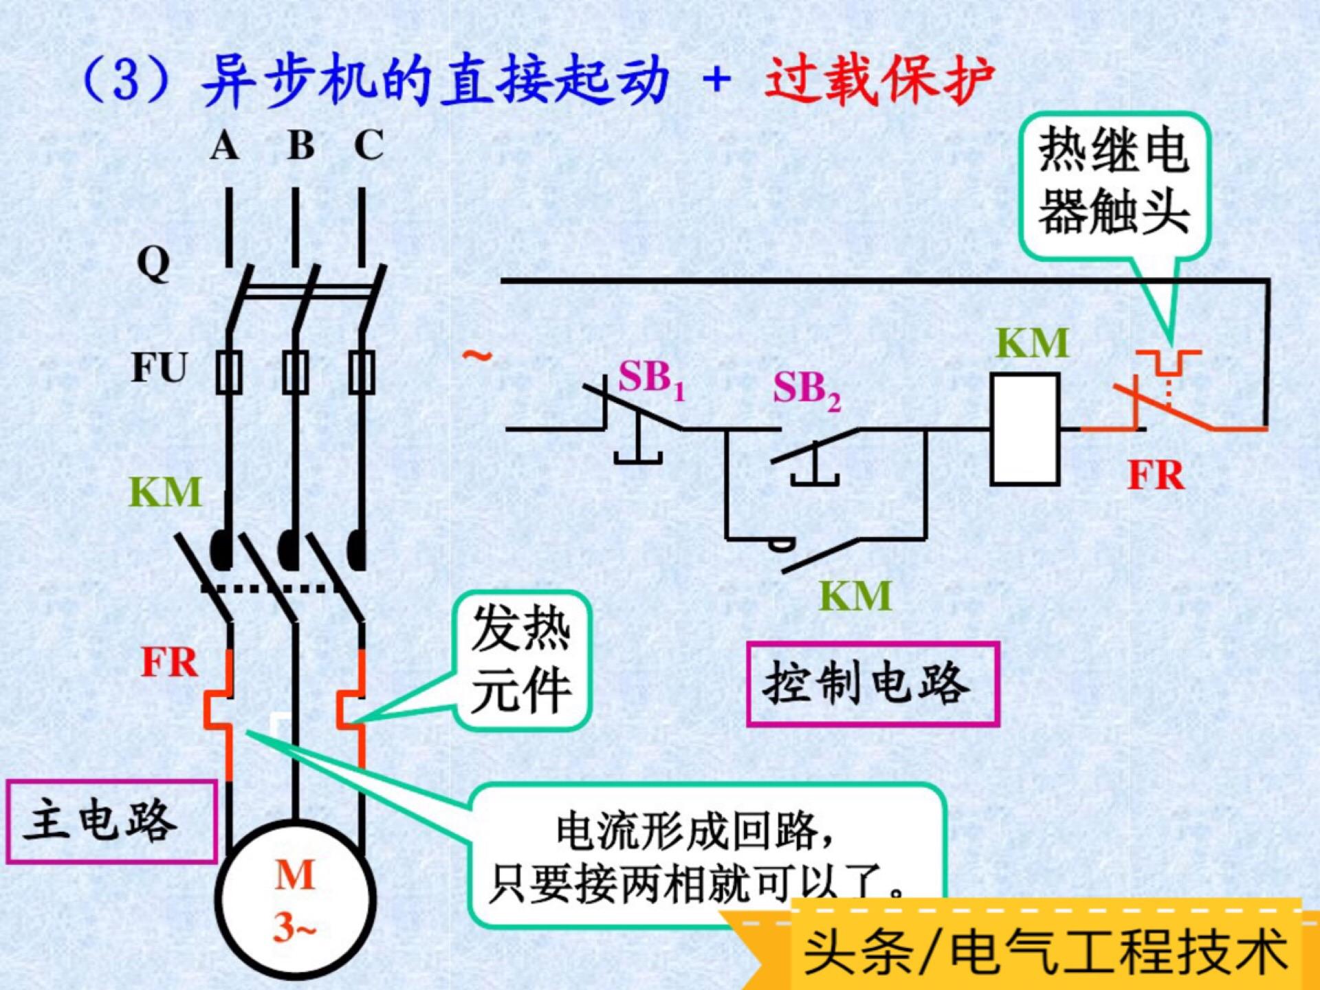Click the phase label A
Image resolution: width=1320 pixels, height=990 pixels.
point(225,146)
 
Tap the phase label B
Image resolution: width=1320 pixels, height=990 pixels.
point(300,145)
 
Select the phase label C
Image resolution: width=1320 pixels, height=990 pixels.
point(368,145)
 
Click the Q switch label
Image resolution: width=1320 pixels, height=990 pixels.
point(153,263)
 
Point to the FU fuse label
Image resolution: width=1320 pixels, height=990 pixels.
point(159,367)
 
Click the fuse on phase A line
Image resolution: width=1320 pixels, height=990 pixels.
point(229,372)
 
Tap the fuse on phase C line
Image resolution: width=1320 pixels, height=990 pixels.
point(362,372)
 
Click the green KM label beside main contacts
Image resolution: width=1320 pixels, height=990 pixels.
point(165,492)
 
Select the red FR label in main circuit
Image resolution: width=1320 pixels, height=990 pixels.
point(169,663)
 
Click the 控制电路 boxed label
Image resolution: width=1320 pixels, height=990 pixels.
point(872,684)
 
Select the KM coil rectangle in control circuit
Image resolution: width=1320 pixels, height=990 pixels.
point(1024,429)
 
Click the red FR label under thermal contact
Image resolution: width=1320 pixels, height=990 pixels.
point(1156,475)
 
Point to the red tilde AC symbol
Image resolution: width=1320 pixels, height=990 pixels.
point(476,356)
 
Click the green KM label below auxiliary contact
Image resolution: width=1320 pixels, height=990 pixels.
point(855,596)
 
